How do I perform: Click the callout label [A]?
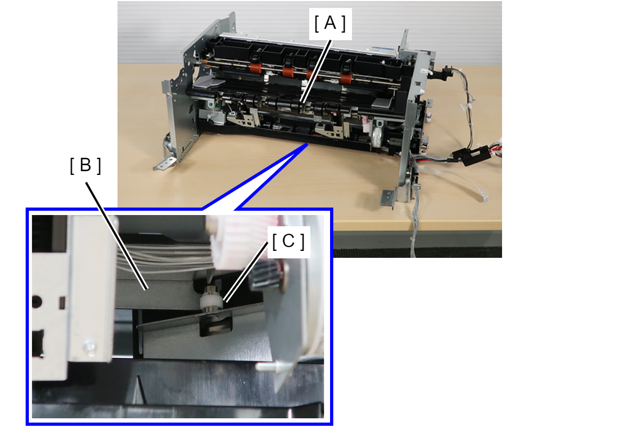(x=330, y=24)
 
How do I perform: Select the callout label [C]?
(x=288, y=241)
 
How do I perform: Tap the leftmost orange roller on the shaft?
(x=255, y=67)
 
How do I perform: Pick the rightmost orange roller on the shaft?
(x=346, y=78)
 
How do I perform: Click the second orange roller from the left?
(x=288, y=71)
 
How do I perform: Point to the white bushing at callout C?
(x=212, y=301)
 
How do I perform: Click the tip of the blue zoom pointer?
(x=308, y=144)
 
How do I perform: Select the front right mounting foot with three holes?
(x=387, y=197)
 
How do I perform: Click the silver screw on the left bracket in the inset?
(x=89, y=347)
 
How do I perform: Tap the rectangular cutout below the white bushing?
(x=216, y=328)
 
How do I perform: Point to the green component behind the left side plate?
(x=217, y=106)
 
